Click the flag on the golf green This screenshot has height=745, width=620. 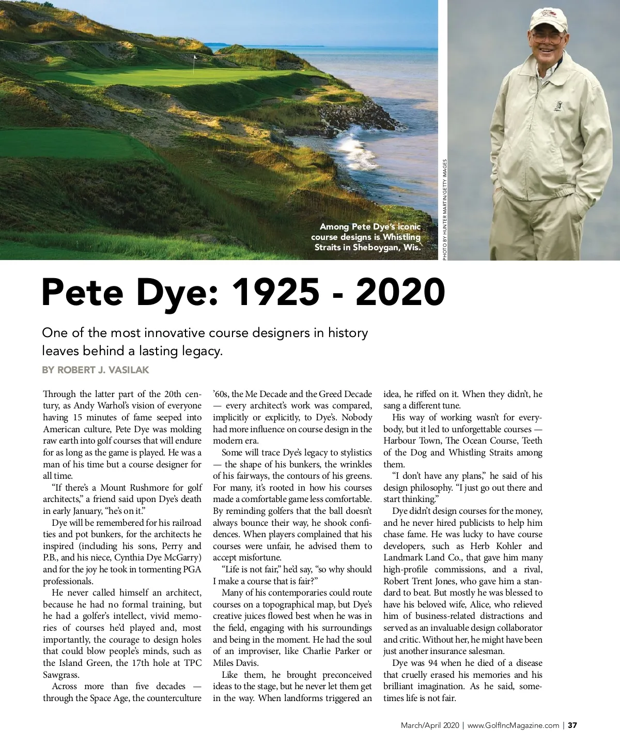pyautogui.click(x=195, y=58)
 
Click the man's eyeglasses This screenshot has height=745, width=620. pyautogui.click(x=547, y=38)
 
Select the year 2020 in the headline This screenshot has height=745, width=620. pyautogui.click(x=400, y=292)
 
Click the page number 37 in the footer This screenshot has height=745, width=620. pyautogui.click(x=572, y=725)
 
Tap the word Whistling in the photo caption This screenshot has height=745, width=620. pyautogui.click(x=401, y=237)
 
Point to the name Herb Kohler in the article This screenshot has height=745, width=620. pyautogui.click(x=484, y=546)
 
